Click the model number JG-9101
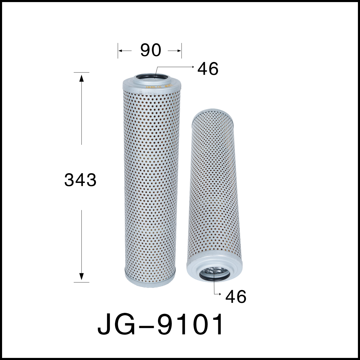point(161,325)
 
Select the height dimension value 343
point(80,181)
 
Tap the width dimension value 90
point(151,51)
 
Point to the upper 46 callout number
point(208,69)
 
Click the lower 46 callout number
point(236,297)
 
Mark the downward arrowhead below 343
point(81,276)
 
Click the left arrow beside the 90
point(120,51)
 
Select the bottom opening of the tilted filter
point(214,273)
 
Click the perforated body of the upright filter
point(150,180)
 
